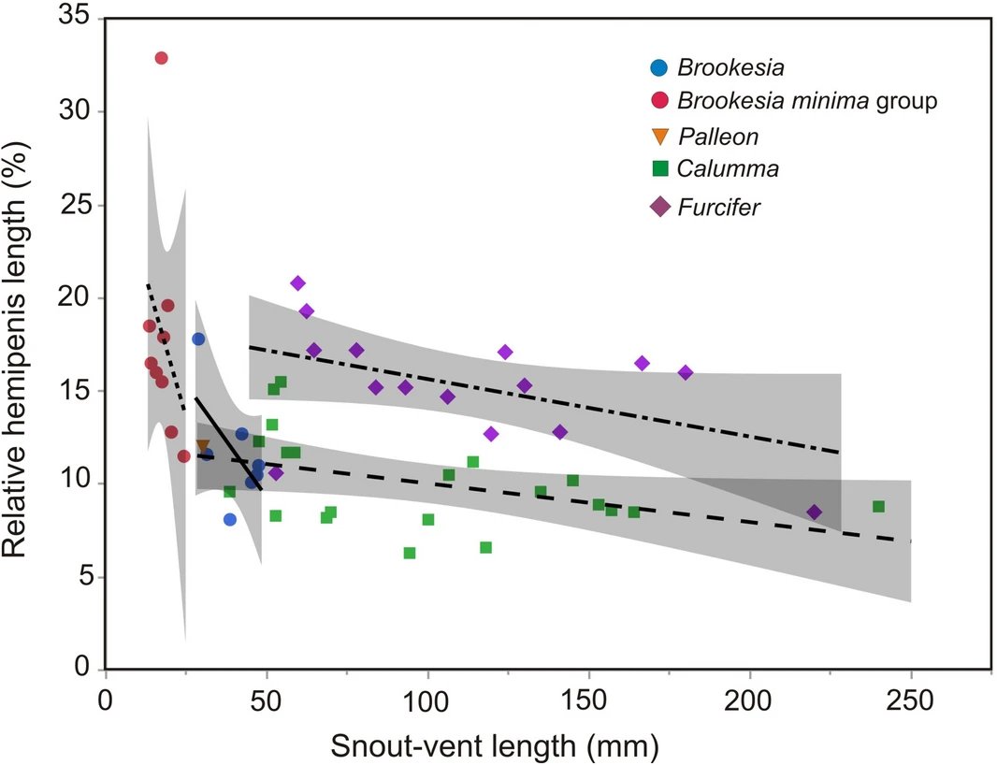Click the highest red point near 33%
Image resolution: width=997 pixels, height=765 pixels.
click(161, 58)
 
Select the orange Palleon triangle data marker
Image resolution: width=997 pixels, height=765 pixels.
click(203, 446)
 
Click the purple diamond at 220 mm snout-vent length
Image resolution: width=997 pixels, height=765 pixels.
click(814, 512)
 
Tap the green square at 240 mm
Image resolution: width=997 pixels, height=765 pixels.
click(878, 506)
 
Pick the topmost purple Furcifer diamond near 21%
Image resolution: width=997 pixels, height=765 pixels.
click(298, 282)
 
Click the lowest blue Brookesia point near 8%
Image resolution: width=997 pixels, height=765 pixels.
click(230, 519)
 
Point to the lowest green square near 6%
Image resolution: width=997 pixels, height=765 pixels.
click(409, 553)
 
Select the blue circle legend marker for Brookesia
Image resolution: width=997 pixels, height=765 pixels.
click(659, 67)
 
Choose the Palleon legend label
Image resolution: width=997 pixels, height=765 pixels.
click(717, 137)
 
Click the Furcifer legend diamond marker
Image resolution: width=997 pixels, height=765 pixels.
click(660, 207)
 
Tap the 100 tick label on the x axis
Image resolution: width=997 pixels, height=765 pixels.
click(427, 700)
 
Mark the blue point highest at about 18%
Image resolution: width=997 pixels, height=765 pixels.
click(198, 339)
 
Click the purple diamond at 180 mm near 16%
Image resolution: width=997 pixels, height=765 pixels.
click(686, 372)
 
